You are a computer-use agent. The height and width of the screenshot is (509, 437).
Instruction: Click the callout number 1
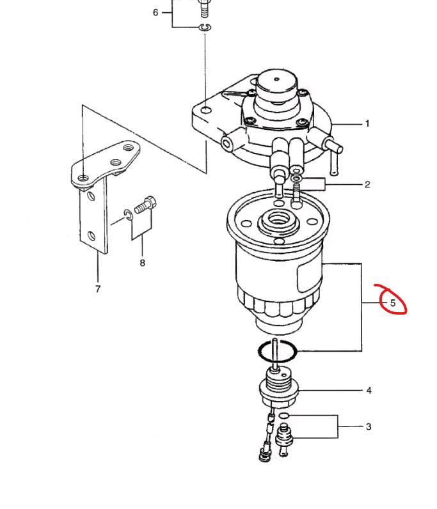click(x=367, y=123)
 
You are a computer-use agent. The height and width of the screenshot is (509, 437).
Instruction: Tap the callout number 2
click(x=367, y=184)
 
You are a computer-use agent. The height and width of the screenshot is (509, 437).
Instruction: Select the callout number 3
click(x=369, y=427)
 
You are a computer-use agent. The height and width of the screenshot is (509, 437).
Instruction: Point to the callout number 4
click(x=369, y=390)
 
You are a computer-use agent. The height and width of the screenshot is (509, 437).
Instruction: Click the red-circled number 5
click(x=393, y=303)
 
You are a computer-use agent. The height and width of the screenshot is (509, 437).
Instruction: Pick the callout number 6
click(x=155, y=12)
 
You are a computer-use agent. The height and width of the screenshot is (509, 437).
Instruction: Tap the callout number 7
click(x=98, y=288)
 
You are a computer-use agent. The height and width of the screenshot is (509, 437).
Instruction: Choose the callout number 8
click(x=142, y=263)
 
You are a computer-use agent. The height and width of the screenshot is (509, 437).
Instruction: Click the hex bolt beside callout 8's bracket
click(x=145, y=205)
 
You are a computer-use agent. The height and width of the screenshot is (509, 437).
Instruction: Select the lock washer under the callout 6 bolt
click(x=205, y=27)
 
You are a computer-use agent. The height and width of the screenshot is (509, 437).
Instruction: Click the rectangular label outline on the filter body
click(x=309, y=277)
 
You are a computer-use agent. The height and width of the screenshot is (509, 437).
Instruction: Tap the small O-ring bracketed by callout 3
click(x=284, y=416)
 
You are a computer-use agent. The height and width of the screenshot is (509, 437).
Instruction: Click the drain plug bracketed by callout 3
click(x=283, y=439)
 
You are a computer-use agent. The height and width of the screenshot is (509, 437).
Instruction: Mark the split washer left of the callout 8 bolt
click(x=127, y=215)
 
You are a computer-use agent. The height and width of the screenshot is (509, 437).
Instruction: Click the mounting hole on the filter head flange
click(x=206, y=111)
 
